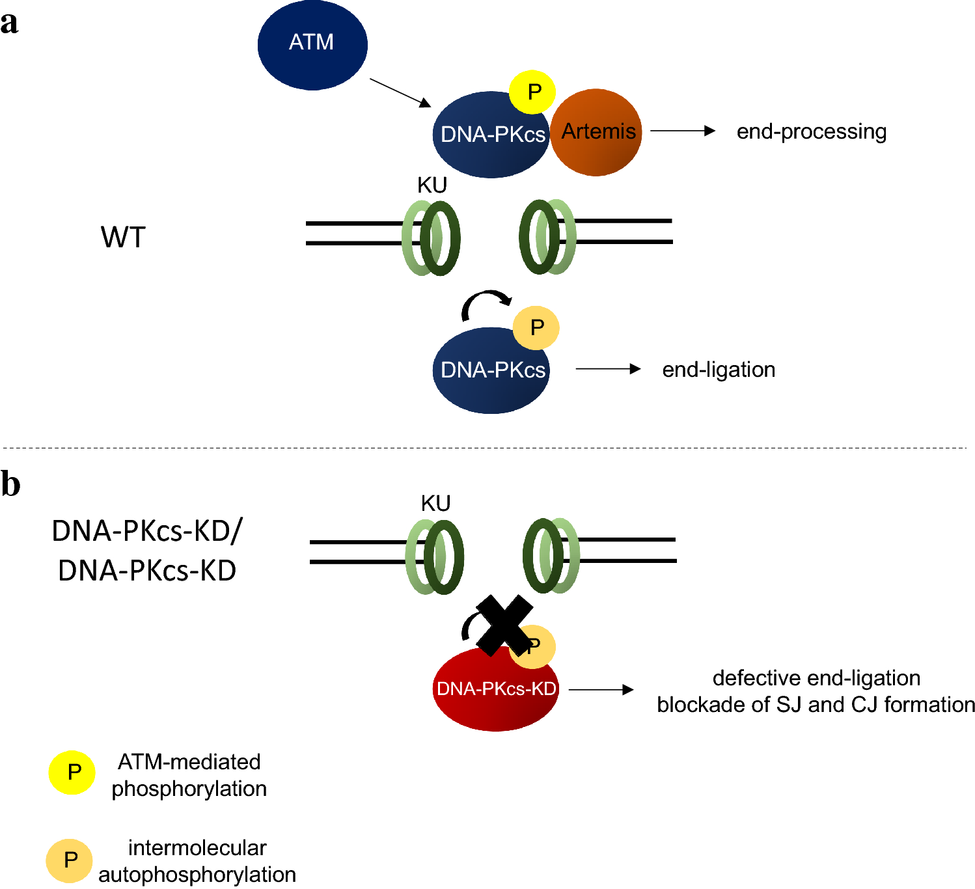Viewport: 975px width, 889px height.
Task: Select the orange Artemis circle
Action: click(596, 133)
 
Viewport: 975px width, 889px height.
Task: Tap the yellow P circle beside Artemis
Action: click(532, 92)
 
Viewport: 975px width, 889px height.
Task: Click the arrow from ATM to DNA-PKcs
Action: click(400, 92)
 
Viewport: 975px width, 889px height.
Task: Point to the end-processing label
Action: click(811, 131)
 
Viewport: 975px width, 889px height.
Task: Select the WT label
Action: click(123, 237)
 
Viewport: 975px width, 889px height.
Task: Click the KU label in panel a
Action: click(432, 185)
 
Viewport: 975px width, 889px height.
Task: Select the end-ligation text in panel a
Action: click(719, 370)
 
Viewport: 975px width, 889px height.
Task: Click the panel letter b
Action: click(10, 484)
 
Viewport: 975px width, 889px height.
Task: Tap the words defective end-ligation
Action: click(816, 678)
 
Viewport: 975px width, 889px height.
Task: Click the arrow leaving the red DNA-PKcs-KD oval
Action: click(601, 690)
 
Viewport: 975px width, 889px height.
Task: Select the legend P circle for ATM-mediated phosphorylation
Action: click(72, 773)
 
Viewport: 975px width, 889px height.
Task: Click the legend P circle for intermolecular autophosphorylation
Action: click(70, 860)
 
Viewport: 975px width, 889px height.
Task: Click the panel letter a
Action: click(9, 23)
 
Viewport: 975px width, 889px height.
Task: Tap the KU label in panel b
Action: click(435, 504)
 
